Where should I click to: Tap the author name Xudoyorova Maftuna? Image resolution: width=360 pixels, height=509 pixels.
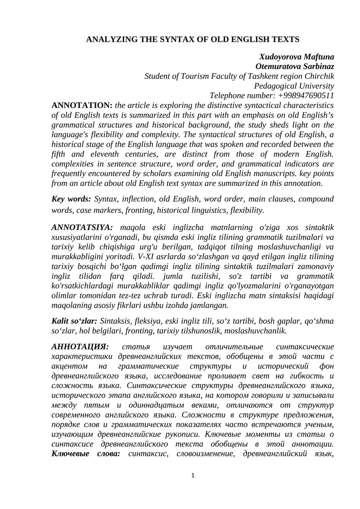[x=297, y=57]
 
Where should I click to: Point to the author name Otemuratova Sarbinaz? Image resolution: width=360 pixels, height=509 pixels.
[x=295, y=67]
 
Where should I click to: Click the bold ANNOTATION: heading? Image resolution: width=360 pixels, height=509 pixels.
[x=82, y=105]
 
